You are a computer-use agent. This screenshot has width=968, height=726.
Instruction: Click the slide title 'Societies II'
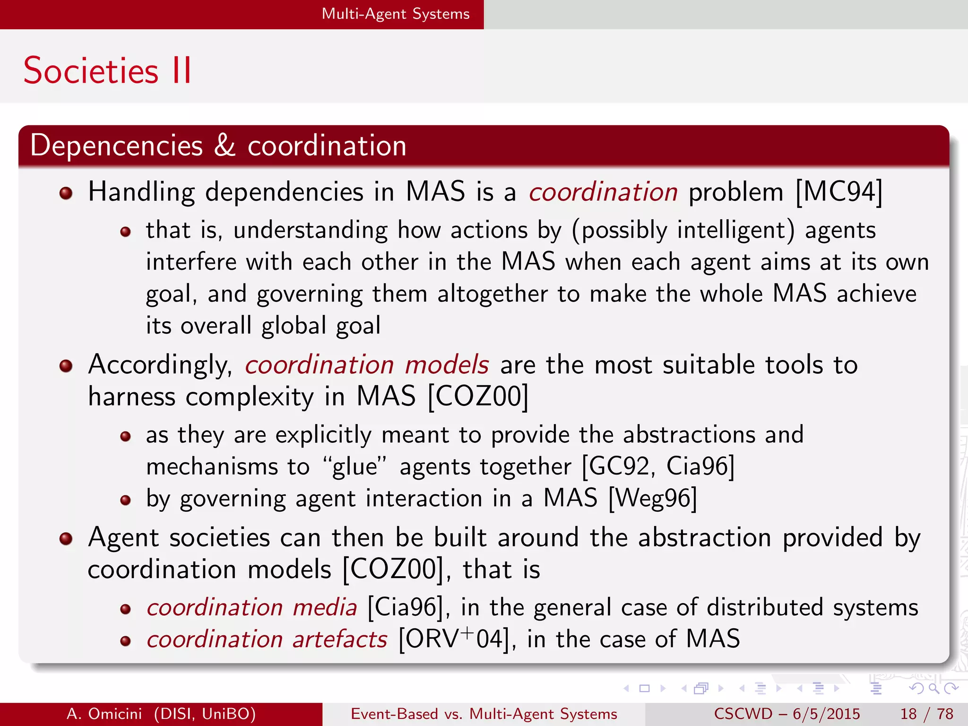[x=108, y=71]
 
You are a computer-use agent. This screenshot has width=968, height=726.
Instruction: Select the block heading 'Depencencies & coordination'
[x=218, y=145]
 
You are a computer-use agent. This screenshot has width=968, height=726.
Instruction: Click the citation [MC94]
[x=838, y=192]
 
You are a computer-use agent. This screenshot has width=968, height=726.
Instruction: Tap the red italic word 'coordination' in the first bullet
[x=603, y=192]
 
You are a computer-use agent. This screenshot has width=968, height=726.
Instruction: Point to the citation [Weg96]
[x=653, y=498]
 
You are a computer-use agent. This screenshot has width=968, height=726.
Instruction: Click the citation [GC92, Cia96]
[x=658, y=467]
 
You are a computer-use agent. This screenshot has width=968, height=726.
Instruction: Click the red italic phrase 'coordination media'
[x=251, y=607]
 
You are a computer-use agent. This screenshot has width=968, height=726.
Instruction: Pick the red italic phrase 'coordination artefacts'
[x=267, y=639]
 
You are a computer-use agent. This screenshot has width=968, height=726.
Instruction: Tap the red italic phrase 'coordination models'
[x=367, y=365]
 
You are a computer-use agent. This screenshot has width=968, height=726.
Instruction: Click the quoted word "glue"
[x=354, y=467]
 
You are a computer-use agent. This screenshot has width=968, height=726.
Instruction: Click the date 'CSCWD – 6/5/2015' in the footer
[x=787, y=714]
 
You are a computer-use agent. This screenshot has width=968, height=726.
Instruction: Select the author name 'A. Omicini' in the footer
[x=104, y=714]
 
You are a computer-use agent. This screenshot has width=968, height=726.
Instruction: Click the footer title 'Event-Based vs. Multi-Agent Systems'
[x=484, y=714]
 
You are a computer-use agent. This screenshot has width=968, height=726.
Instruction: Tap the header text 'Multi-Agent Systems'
[x=396, y=14]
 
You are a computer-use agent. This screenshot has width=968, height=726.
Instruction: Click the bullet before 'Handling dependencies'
[x=66, y=193]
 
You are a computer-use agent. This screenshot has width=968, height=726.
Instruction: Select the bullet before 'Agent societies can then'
[x=66, y=538]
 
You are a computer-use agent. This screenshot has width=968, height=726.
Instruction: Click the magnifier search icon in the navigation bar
[x=933, y=688]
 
